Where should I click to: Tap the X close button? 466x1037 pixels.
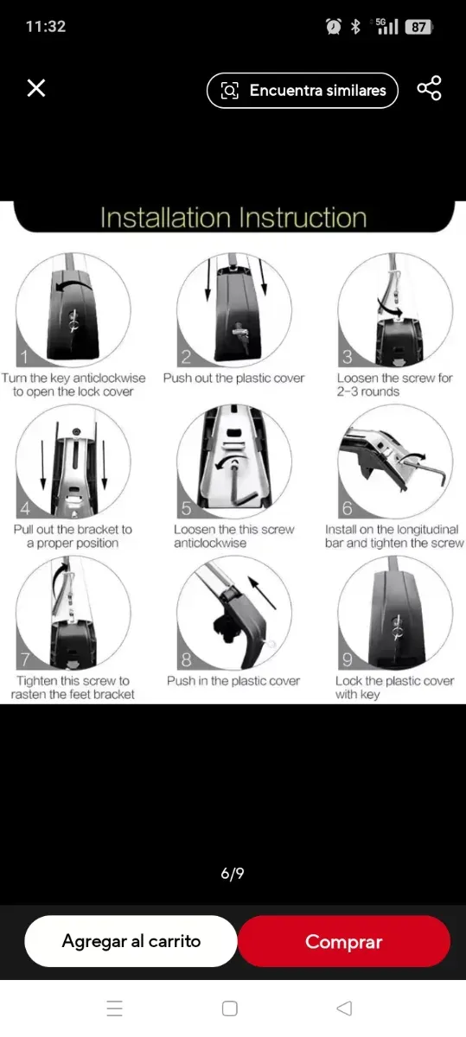pos(36,87)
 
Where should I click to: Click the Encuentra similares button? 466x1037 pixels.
pos(303,90)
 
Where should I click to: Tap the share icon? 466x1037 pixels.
pos(430,88)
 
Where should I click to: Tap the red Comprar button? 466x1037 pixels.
pos(344,942)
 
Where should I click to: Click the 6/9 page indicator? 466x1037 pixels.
pos(233,873)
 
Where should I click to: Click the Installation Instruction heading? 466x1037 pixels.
pos(233,218)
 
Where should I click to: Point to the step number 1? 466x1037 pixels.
pos(24,356)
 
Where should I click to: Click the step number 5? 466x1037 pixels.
pos(186,508)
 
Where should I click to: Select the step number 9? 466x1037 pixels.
pos(347,659)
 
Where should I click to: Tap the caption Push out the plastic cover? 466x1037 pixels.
pos(233,379)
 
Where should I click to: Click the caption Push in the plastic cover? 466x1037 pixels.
pos(233,681)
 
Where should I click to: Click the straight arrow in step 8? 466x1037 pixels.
pos(262,592)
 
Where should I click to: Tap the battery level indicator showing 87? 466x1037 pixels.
pos(418,27)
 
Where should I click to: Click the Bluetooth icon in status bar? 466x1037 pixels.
pos(355,27)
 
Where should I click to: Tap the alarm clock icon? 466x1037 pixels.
pos(334,27)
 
